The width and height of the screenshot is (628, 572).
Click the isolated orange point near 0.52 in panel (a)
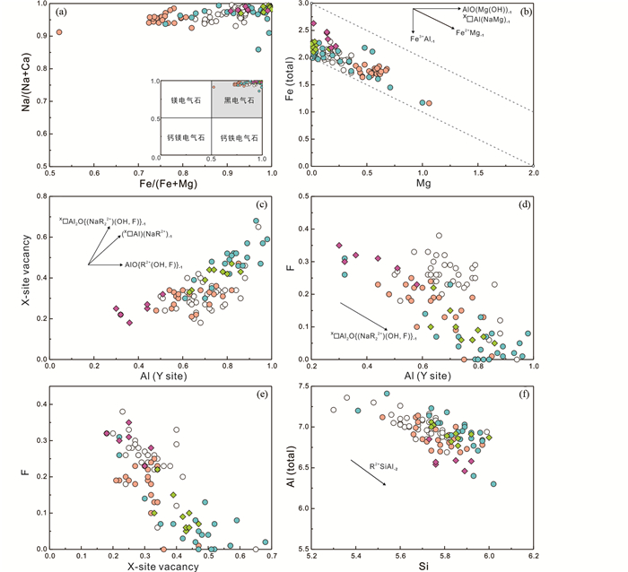pos(59,32)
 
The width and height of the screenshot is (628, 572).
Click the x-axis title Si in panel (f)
pos(422,565)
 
